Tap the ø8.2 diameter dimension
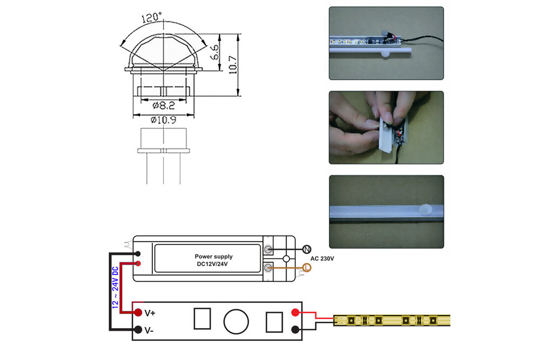point(163,106)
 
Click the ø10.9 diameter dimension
point(163,120)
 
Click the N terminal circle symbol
point(307,249)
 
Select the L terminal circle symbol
point(307,267)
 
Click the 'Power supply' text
point(213,257)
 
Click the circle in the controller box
point(236,321)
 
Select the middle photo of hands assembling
point(386,127)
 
